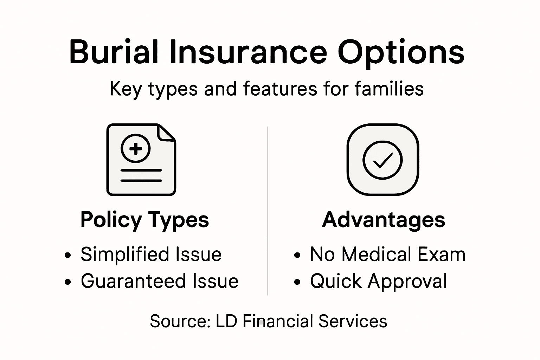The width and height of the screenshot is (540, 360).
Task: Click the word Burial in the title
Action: (x=114, y=52)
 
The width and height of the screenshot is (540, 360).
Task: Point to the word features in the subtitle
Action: (x=280, y=89)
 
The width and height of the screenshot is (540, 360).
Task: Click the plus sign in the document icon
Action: (x=135, y=149)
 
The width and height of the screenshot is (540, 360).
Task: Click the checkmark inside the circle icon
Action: (x=382, y=160)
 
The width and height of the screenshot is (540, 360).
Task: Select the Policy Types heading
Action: (x=144, y=220)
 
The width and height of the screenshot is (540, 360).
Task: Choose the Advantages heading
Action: (x=384, y=220)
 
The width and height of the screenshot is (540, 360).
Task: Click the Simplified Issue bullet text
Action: (x=151, y=254)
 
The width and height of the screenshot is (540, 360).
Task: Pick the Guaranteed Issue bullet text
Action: (x=159, y=281)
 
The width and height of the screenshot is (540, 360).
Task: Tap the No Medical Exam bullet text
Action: (x=387, y=254)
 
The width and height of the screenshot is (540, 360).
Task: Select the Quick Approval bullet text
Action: (x=378, y=281)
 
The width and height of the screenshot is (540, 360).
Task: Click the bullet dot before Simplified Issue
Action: (x=68, y=255)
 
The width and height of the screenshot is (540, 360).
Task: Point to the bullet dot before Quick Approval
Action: (x=297, y=282)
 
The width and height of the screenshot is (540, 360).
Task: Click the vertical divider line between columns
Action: (x=268, y=211)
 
